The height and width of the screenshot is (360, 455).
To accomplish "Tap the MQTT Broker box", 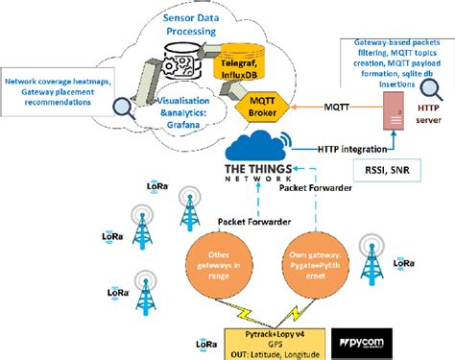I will click(244, 106).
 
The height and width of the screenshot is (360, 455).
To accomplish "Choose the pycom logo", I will click(375, 343).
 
